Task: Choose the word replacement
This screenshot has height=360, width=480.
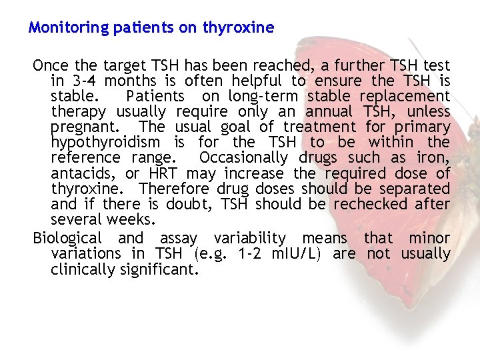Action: (x=409, y=96)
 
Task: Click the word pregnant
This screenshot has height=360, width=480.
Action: (x=79, y=127)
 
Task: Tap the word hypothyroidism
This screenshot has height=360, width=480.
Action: (x=105, y=142)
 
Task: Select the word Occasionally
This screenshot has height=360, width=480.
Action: (x=243, y=158)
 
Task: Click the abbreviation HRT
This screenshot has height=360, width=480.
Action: (x=163, y=173)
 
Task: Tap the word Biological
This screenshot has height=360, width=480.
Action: (x=67, y=238)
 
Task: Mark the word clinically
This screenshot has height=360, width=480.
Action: (x=85, y=269)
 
